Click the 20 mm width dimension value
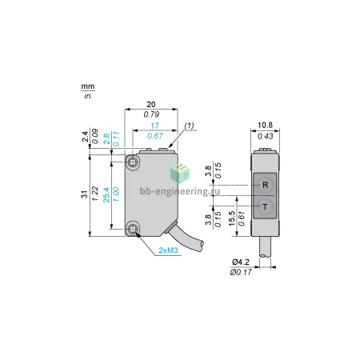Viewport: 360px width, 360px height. (151, 105)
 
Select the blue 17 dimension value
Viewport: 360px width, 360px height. (154, 126)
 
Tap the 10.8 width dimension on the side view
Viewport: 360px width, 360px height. (265, 125)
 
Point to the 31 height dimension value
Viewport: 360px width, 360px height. (85, 194)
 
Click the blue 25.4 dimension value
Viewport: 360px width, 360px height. (106, 194)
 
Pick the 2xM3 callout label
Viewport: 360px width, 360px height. (168, 250)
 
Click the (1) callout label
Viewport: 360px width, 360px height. (189, 126)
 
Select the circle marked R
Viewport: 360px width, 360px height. (266, 185)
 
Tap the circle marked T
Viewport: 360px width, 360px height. (266, 206)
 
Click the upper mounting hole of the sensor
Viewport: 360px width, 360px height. (132, 162)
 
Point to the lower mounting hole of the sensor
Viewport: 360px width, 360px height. (132, 229)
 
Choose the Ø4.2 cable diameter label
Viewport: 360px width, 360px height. (241, 262)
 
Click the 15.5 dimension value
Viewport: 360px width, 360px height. (232, 218)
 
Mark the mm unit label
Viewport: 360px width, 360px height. (88, 86)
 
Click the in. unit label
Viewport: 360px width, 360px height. (88, 96)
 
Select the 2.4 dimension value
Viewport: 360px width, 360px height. (85, 136)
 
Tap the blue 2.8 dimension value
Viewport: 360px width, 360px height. (106, 139)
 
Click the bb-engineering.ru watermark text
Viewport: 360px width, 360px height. (180, 191)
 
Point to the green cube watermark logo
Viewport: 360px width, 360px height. (180, 173)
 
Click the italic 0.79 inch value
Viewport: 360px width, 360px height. (151, 114)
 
